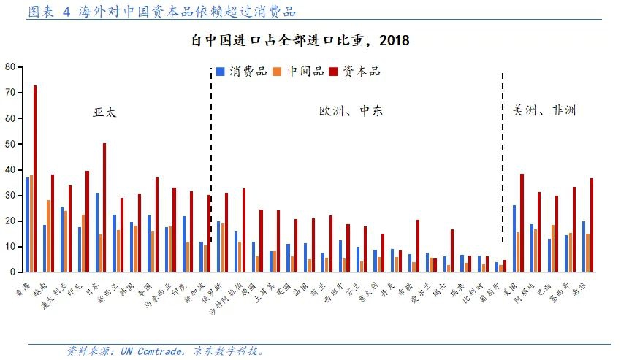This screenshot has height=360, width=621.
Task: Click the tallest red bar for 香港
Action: (x=35, y=179)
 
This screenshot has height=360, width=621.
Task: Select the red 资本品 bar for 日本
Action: (x=104, y=207)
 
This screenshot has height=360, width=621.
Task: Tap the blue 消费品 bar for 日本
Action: (x=96, y=232)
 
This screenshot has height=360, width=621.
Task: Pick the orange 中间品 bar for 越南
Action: (x=49, y=236)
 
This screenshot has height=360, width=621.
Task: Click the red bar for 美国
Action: (x=522, y=223)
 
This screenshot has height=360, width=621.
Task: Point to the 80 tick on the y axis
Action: (x=10, y=66)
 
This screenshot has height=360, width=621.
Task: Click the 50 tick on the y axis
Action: (x=10, y=144)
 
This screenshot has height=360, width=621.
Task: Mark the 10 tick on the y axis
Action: (x=10, y=247)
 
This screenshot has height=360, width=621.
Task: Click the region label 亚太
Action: (x=104, y=112)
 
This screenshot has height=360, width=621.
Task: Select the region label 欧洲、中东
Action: (x=351, y=111)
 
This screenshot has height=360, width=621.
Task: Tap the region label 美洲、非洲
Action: (x=544, y=110)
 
